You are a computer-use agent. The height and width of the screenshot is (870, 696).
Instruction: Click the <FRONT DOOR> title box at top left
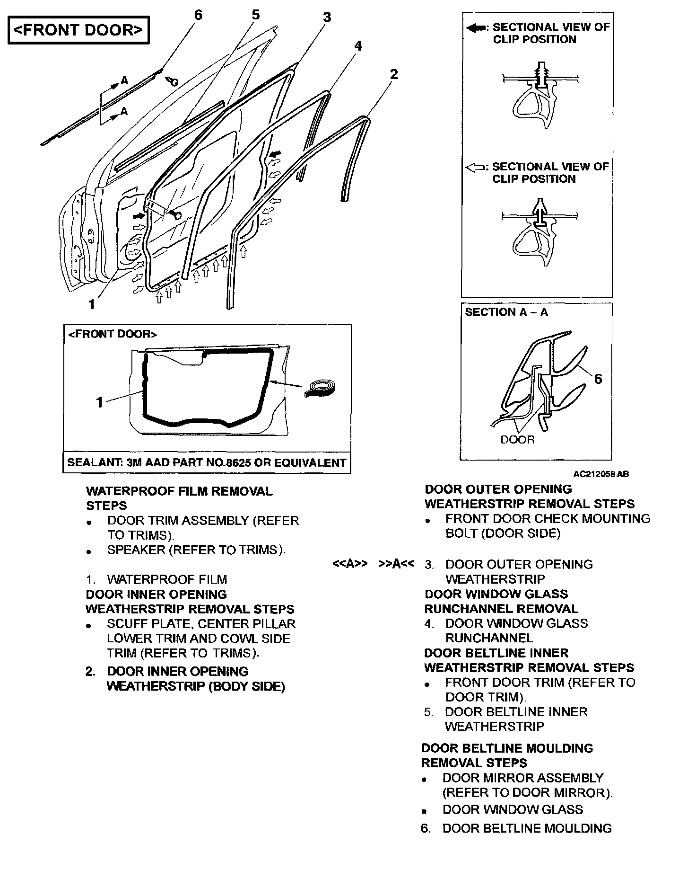(78, 30)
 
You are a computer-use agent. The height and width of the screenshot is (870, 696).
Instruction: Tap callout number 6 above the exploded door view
(198, 15)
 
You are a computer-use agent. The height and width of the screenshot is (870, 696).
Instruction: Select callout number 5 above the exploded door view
(255, 15)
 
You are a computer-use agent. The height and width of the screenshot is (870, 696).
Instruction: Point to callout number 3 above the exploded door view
(327, 18)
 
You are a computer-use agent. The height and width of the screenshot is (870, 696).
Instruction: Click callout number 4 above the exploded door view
(358, 46)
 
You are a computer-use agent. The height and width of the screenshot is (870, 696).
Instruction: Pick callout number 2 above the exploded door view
(393, 74)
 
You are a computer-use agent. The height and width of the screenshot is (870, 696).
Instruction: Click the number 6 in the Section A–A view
(598, 379)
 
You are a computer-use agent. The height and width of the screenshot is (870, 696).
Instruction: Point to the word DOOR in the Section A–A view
(517, 440)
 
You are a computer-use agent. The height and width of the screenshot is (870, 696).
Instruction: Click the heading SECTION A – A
(506, 312)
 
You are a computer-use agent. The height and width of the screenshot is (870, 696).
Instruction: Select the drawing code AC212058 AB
(600, 474)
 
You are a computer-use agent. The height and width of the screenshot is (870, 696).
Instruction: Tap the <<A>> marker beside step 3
(350, 564)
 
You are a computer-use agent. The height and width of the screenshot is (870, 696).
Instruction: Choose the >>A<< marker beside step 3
(396, 564)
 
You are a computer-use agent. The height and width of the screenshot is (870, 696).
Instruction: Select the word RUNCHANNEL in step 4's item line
(489, 638)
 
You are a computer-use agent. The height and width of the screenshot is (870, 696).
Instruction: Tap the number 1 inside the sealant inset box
(99, 402)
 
